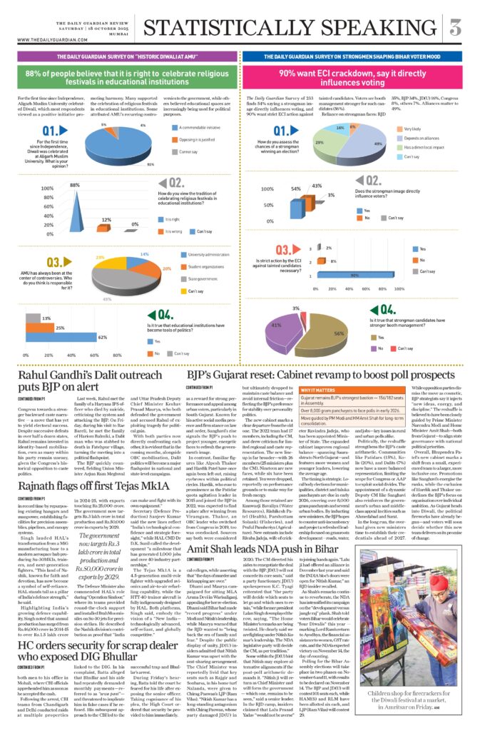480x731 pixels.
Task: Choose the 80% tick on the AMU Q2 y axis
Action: coord(48,201)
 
